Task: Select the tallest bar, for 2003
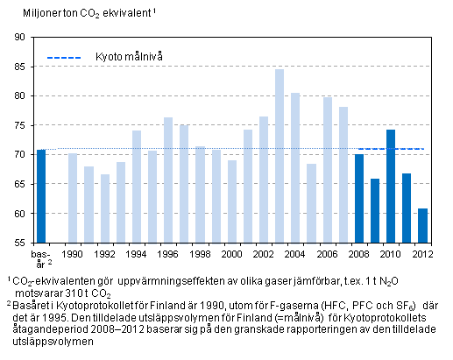[x=279, y=155]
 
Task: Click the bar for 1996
[x=168, y=180]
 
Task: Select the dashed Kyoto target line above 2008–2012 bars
[x=391, y=149]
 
